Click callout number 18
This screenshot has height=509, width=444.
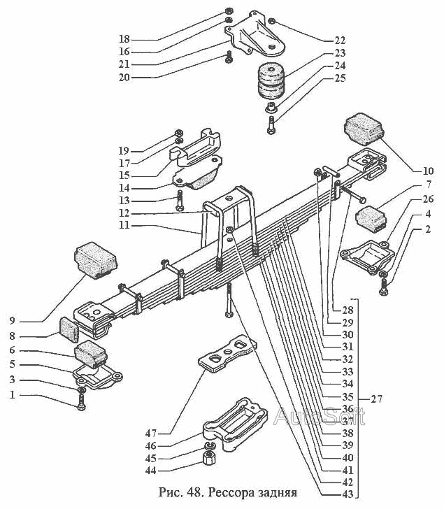click(x=124, y=38)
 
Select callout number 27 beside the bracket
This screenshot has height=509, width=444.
click(x=377, y=399)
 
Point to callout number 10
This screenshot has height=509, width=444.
click(x=428, y=170)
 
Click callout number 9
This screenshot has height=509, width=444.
click(x=12, y=321)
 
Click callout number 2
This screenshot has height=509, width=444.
click(x=427, y=229)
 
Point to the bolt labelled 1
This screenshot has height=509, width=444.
click(x=82, y=402)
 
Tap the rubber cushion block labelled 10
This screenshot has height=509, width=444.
click(x=364, y=130)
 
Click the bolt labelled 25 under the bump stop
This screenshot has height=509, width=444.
click(x=271, y=127)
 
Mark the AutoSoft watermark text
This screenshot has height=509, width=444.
click(x=319, y=417)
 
